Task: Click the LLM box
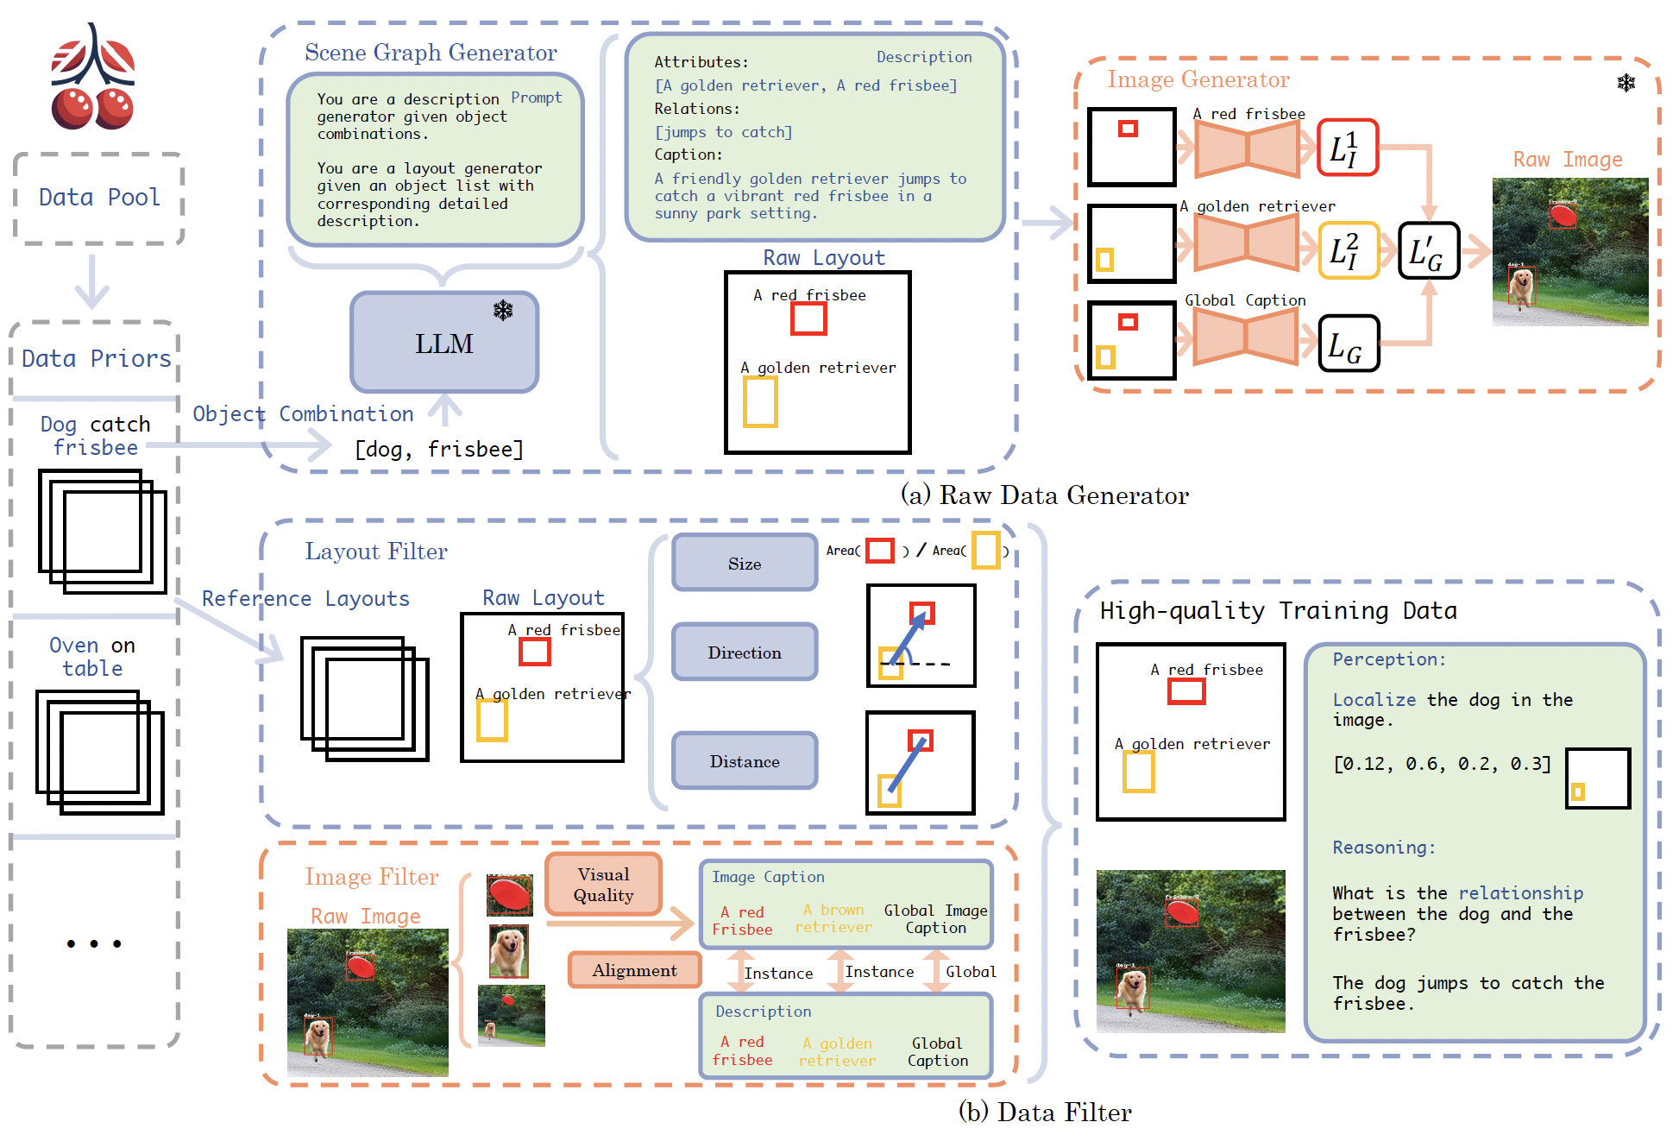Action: coord(444,343)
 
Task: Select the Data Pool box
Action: coord(99,198)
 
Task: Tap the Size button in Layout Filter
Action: coord(745,564)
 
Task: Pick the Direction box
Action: coord(745,652)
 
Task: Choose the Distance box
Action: coord(745,761)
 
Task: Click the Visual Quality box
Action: coord(603,885)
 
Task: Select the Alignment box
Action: coord(634,970)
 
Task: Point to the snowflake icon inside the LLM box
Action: coord(503,310)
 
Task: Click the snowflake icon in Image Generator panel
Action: coord(1626,83)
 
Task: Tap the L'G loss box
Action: coord(1428,251)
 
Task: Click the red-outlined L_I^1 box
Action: coord(1347,148)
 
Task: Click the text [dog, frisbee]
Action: coord(439,449)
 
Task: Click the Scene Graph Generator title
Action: coord(431,53)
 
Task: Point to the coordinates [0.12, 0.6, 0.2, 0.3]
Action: coord(1442,764)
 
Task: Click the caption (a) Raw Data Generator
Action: coord(1044,495)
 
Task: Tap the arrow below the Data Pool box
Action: coord(91,281)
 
